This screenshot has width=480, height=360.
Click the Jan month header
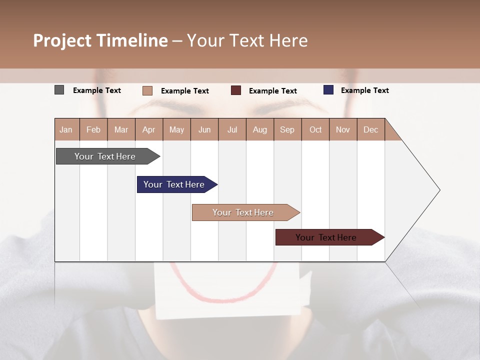[x=66, y=129]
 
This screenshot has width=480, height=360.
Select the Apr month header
[x=149, y=129]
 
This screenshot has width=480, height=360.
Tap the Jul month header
[x=232, y=129]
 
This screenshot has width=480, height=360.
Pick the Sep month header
[x=287, y=129]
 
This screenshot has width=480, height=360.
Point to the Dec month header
[x=371, y=129]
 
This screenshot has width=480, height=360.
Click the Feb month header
[x=93, y=129]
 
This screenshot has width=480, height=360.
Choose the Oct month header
[x=315, y=129]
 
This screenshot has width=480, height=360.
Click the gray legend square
[x=59, y=90]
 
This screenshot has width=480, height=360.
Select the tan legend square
[x=147, y=90]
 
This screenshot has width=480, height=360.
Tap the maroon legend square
[x=236, y=90]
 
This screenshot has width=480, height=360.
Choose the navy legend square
[x=328, y=90]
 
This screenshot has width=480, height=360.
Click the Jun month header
[x=204, y=129]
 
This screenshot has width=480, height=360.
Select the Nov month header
[x=343, y=129]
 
